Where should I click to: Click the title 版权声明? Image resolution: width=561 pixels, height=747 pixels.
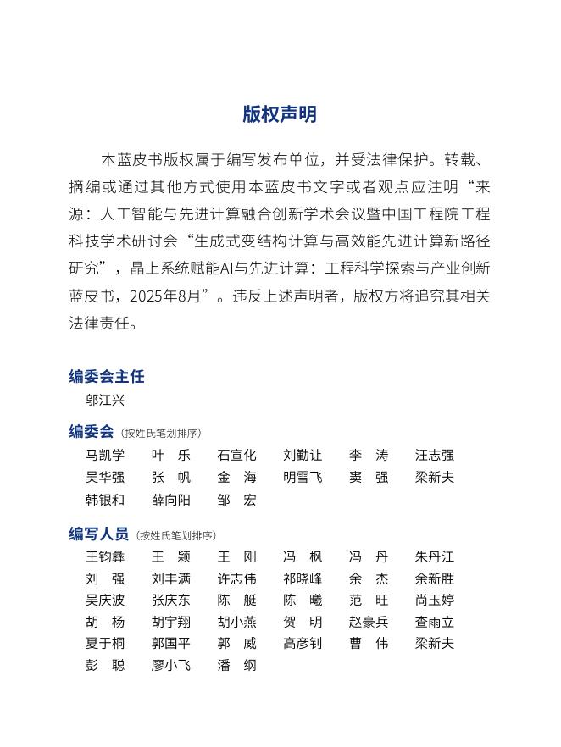(x=280, y=114)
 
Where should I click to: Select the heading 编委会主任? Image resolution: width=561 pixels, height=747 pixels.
(x=107, y=376)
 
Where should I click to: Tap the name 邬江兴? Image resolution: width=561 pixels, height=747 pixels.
(x=105, y=400)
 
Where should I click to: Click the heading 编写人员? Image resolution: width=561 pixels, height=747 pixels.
(x=98, y=534)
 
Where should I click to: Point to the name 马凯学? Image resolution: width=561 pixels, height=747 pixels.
(x=105, y=455)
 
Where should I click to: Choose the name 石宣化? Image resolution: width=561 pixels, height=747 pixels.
(x=236, y=455)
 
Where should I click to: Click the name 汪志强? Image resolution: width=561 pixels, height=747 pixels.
(x=435, y=455)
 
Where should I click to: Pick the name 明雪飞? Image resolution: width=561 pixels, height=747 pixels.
(x=303, y=477)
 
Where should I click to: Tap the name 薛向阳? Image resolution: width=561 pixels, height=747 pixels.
(x=171, y=500)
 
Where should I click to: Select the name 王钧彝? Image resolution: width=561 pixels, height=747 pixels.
(x=105, y=557)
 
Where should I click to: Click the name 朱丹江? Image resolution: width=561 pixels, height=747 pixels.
(x=435, y=557)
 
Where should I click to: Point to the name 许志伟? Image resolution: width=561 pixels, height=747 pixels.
(x=236, y=579)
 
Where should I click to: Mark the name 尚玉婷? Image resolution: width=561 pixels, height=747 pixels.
(x=435, y=600)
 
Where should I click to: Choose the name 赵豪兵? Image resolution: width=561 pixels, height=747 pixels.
(x=369, y=622)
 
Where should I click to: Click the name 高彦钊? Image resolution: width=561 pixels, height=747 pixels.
(x=303, y=643)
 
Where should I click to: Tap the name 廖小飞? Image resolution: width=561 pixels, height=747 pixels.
(x=171, y=665)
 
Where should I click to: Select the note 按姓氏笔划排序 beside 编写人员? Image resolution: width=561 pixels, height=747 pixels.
(x=176, y=535)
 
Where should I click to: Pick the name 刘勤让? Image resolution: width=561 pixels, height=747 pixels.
(x=303, y=455)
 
